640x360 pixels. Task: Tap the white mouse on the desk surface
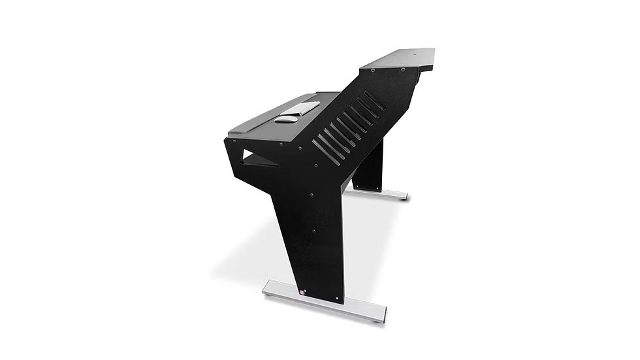click(x=285, y=119)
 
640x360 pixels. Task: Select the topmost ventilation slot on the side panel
click(x=375, y=100)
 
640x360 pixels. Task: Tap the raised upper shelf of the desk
click(x=398, y=59)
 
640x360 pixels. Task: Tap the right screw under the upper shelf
click(x=404, y=70)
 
